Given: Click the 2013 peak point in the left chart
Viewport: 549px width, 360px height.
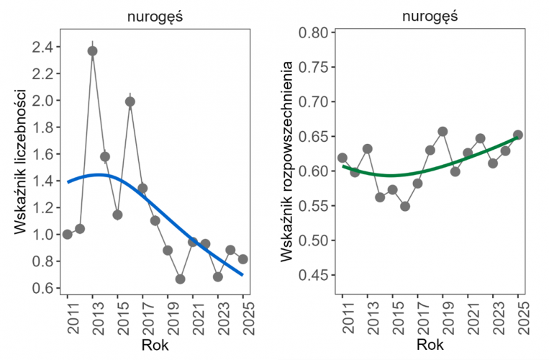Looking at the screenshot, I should pos(92,51).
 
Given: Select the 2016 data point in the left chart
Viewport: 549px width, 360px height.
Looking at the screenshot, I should pos(130,102).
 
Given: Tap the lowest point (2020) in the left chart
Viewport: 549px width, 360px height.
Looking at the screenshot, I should pos(180,279).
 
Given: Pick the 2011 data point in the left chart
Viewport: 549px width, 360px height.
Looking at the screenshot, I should pos(68,234).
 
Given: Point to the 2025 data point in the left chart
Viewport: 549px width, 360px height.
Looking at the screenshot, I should pos(242,259).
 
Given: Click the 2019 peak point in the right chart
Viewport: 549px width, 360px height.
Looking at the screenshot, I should pos(443,132).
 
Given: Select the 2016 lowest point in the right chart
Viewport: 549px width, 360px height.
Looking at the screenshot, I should pos(405,206).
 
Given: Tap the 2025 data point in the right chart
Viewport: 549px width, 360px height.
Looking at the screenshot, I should pos(517,135).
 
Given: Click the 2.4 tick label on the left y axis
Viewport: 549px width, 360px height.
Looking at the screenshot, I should pos(43,48).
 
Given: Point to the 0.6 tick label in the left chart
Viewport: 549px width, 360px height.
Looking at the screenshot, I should pos(43,288).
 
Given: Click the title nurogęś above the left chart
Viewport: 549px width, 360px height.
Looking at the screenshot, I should pos(155,16).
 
